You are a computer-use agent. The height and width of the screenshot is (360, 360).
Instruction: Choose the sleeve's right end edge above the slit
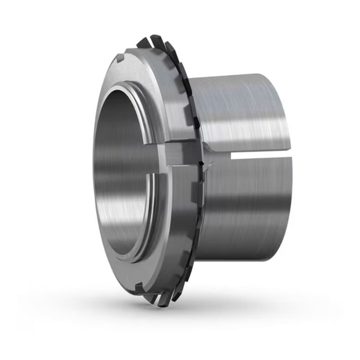(287, 112)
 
